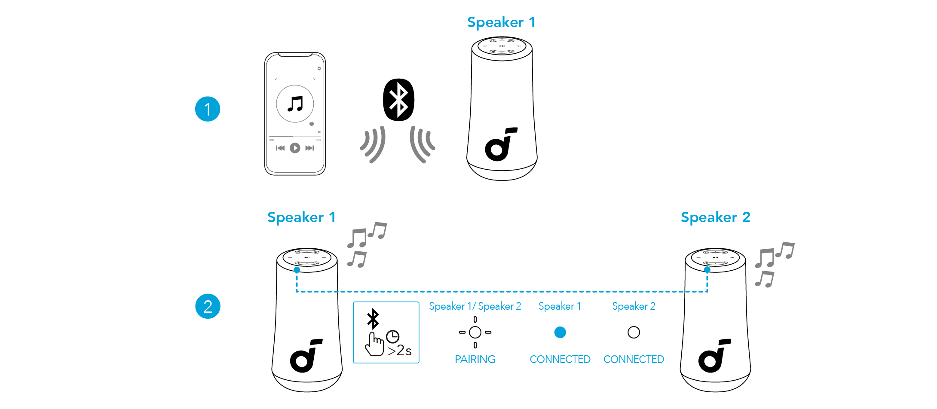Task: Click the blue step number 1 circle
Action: pyautogui.click(x=208, y=109)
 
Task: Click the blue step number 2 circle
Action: pyautogui.click(x=208, y=306)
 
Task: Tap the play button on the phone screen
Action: pyautogui.click(x=295, y=148)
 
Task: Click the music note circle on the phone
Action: pyautogui.click(x=295, y=104)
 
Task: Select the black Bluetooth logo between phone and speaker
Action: pyautogui.click(x=398, y=100)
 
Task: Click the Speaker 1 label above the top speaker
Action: pyautogui.click(x=501, y=22)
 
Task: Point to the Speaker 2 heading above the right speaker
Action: pyautogui.click(x=715, y=217)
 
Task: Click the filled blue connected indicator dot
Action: pyautogui.click(x=560, y=333)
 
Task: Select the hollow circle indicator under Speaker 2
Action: pyautogui.click(x=634, y=333)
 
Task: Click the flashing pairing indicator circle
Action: pyautogui.click(x=475, y=333)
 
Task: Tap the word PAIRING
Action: pyautogui.click(x=475, y=359)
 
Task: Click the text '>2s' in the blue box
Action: pyautogui.click(x=399, y=351)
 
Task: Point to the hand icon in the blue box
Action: pyautogui.click(x=374, y=344)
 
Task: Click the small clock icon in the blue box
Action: pyautogui.click(x=392, y=336)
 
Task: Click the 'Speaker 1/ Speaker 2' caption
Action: pyautogui.click(x=475, y=306)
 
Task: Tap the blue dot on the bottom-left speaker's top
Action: pyautogui.click(x=297, y=270)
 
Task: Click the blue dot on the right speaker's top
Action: pyautogui.click(x=707, y=270)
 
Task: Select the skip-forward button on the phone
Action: pyautogui.click(x=309, y=148)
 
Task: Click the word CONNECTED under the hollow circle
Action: pyautogui.click(x=634, y=359)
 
